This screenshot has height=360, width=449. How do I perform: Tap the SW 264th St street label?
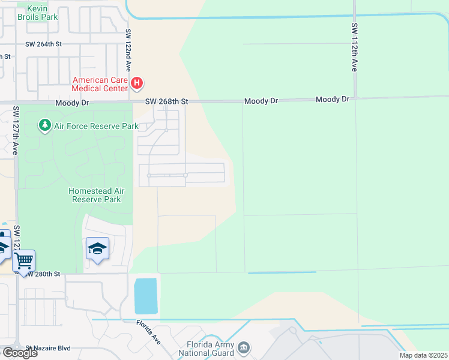[x=44, y=44]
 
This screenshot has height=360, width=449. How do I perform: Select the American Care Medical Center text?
[x=100, y=84]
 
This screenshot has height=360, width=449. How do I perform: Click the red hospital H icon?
[x=137, y=82]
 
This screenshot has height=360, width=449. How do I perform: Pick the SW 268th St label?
[x=166, y=102]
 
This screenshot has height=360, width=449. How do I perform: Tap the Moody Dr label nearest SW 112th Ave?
[x=333, y=99]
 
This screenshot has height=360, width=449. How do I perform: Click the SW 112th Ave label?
[x=354, y=48]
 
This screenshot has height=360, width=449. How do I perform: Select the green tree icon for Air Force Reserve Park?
[x=44, y=125]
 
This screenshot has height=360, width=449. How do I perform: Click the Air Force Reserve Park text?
[x=96, y=126]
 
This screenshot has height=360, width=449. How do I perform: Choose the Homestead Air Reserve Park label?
[x=96, y=195]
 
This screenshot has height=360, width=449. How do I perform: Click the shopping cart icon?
[x=23, y=261]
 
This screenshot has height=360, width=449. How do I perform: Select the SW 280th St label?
[x=43, y=274]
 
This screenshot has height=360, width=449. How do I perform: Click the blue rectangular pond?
[x=146, y=296]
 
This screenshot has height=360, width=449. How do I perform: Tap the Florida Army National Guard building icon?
[x=244, y=347]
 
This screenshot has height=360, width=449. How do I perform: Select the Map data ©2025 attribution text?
[x=423, y=355]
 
